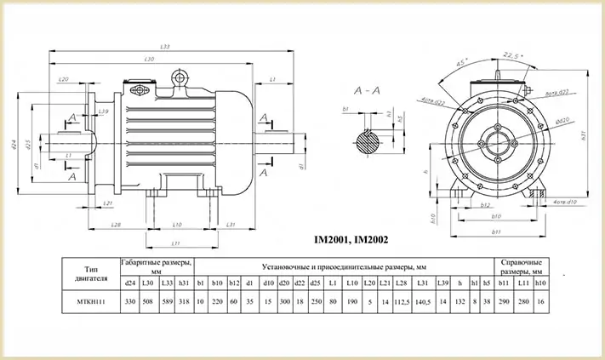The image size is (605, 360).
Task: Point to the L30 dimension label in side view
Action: pyautogui.click(x=150, y=59)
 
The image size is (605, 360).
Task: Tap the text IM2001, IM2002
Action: pyautogui.click(x=351, y=240)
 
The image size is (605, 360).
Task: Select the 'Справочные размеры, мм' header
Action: pyautogui.click(x=522, y=266)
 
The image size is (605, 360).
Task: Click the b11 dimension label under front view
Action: pyautogui.click(x=496, y=231)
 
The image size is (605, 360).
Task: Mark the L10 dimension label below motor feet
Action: pyautogui.click(x=177, y=225)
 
